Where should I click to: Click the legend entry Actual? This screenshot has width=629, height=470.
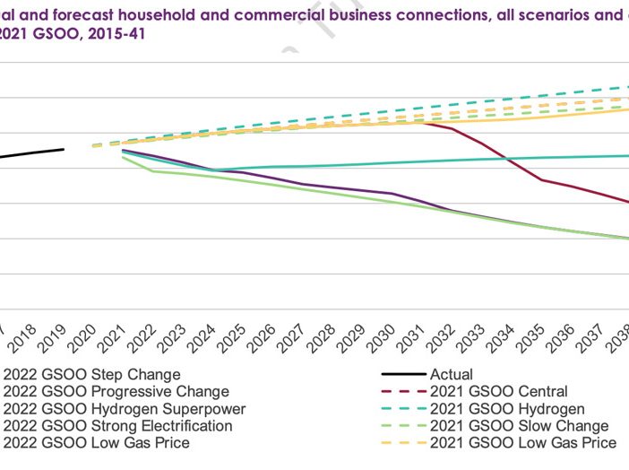[452, 374]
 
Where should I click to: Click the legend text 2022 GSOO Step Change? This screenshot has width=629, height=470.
[91, 374]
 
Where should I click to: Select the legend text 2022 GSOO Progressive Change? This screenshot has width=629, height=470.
[116, 391]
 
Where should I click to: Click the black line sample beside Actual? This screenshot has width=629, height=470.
[401, 374]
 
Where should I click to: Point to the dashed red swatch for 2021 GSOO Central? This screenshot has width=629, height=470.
[401, 391]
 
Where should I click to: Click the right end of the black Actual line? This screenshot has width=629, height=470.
[64, 149]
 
